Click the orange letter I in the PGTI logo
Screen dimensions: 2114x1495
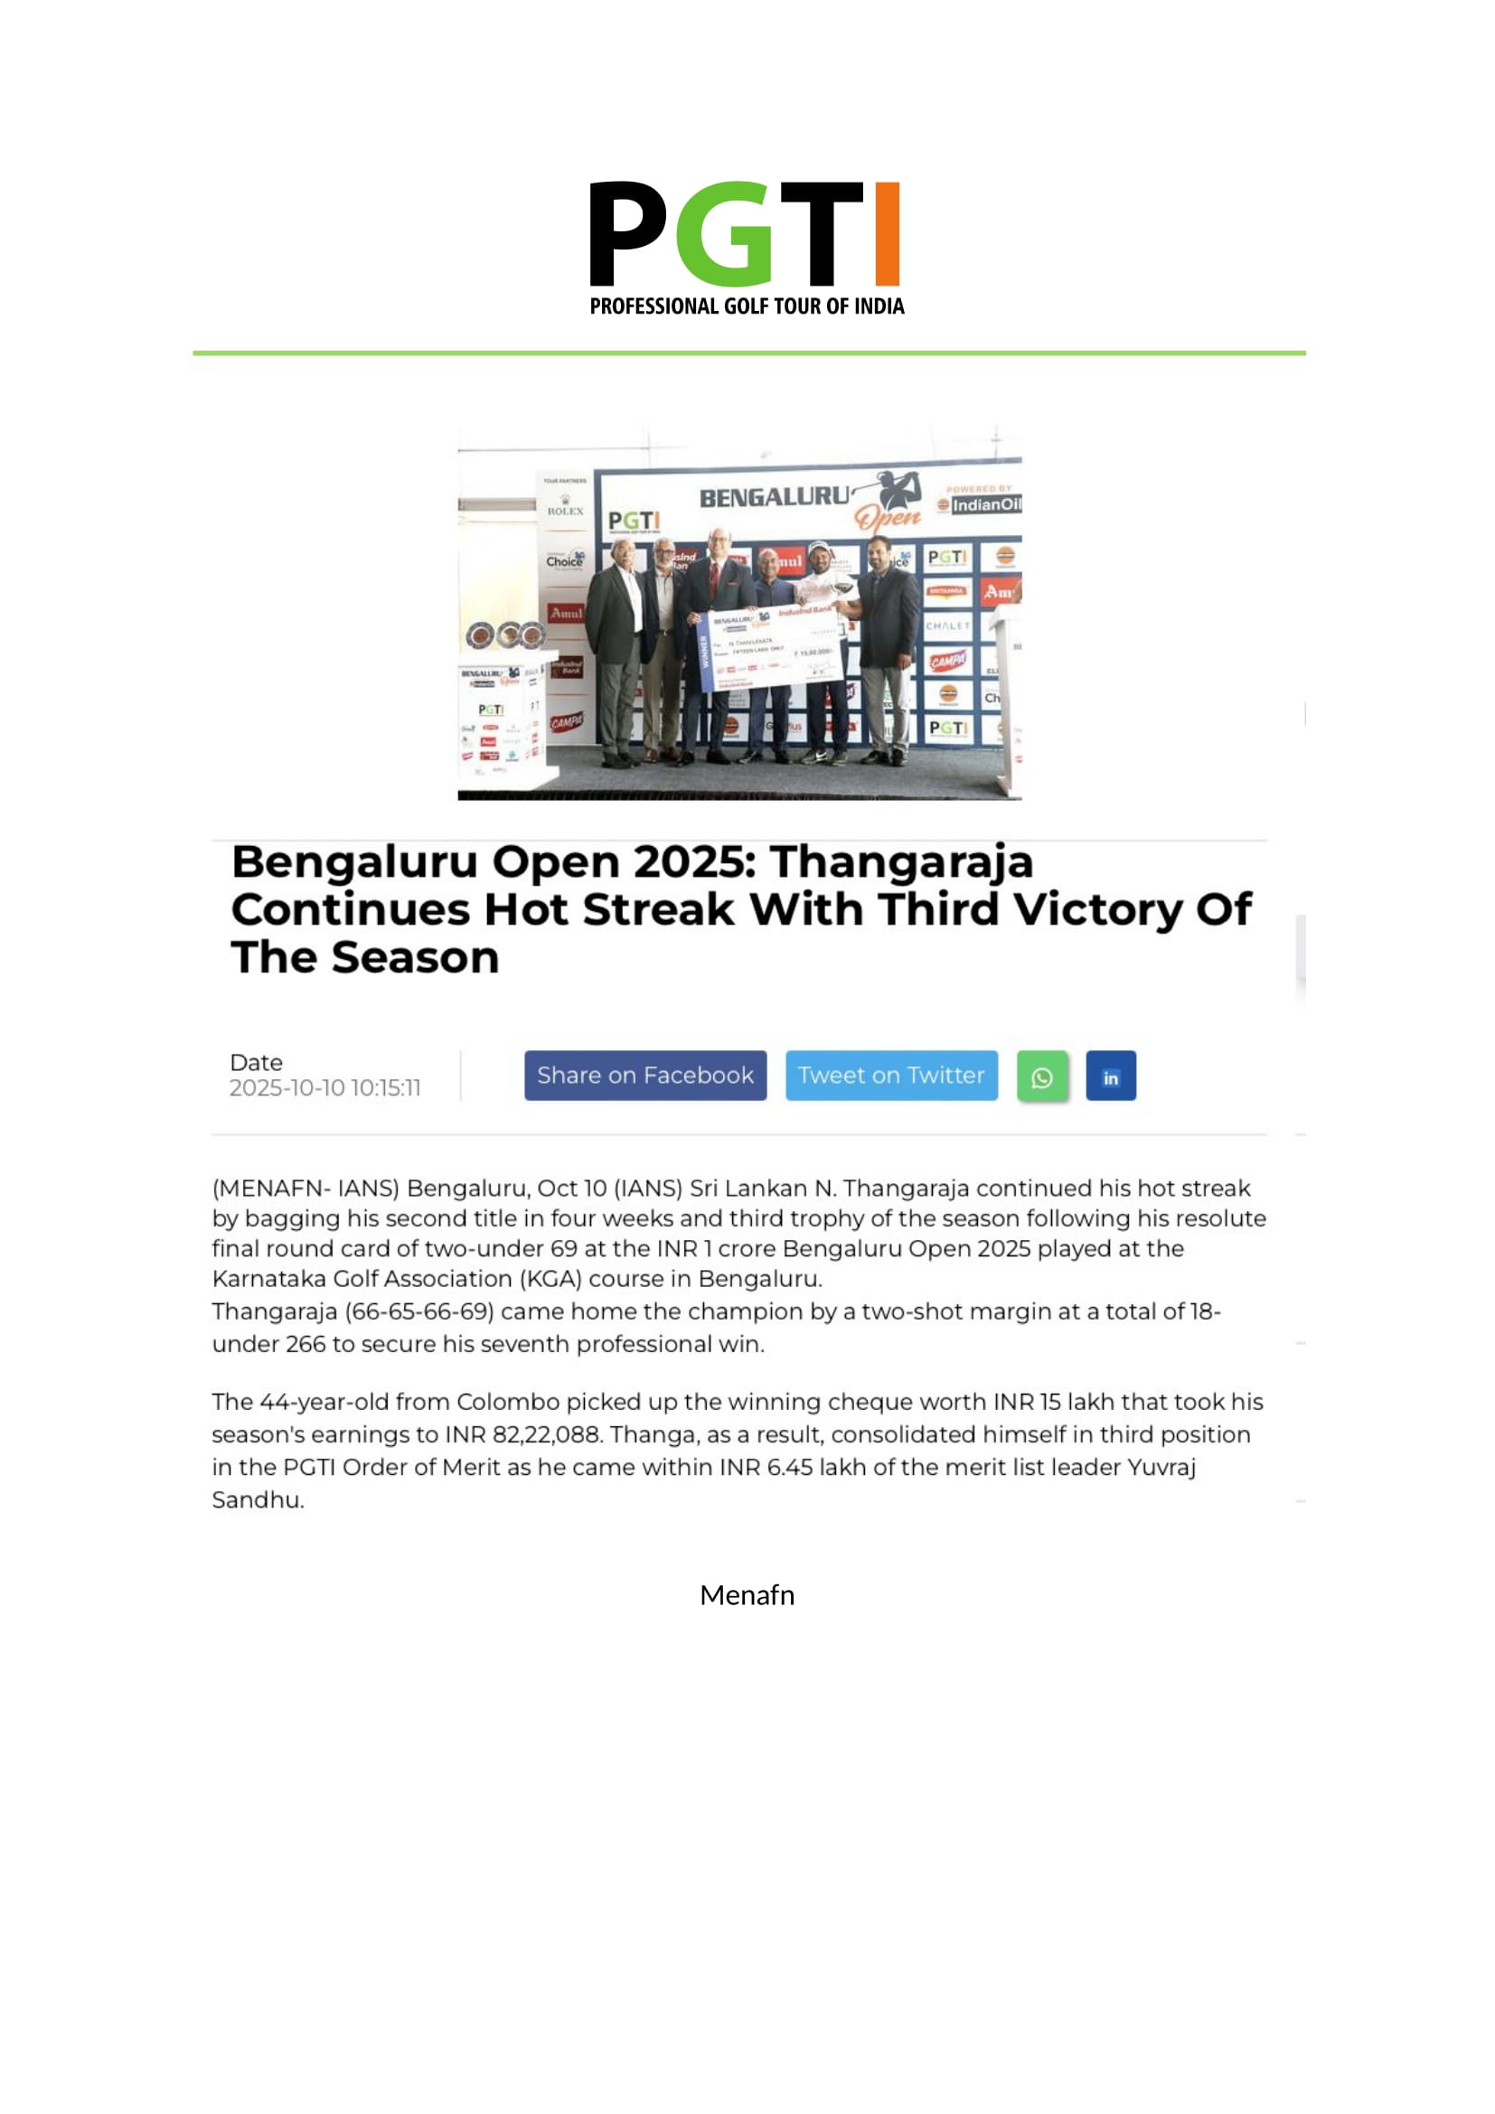pos(886,234)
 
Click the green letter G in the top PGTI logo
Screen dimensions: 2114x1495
pos(725,234)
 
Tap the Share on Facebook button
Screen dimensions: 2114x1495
pos(645,1076)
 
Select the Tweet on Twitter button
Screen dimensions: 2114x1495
pos(891,1076)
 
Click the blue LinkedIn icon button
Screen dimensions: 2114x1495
pos(1110,1076)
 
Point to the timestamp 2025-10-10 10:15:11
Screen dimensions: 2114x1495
pos(325,1088)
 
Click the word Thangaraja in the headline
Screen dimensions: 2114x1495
pos(901,863)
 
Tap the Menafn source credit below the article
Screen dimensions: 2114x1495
pos(747,1595)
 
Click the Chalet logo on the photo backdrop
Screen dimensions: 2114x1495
pos(947,626)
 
